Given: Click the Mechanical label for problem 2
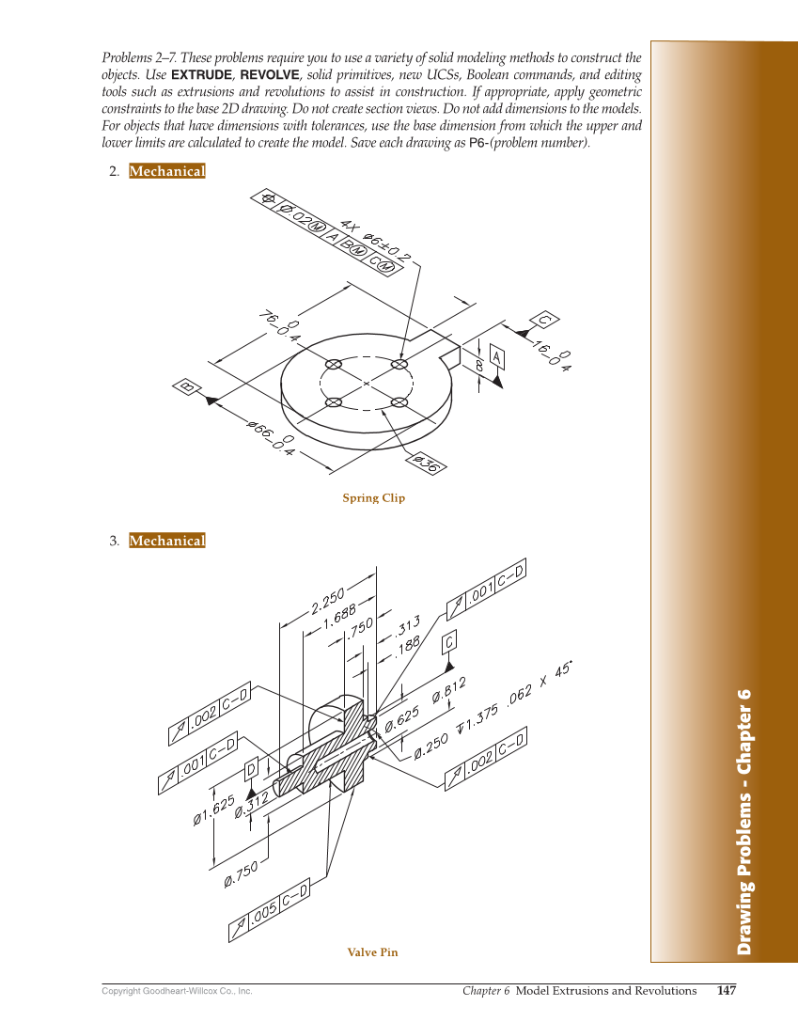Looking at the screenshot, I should [x=166, y=171].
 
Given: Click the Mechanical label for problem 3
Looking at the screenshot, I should [x=166, y=541].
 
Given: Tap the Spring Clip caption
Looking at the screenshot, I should [x=373, y=498].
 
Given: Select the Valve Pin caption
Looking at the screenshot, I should [x=372, y=952].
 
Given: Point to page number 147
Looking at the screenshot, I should [x=726, y=991].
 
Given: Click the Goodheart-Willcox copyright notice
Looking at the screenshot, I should [x=177, y=992].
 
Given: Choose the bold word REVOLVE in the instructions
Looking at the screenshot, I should [x=270, y=74].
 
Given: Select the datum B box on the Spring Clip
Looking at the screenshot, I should [x=187, y=386].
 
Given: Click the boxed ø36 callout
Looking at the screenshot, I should [x=426, y=464].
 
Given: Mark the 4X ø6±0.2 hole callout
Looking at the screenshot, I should [x=376, y=241].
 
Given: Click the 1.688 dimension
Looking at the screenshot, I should [x=339, y=617].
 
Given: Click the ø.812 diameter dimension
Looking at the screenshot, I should [x=448, y=691].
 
